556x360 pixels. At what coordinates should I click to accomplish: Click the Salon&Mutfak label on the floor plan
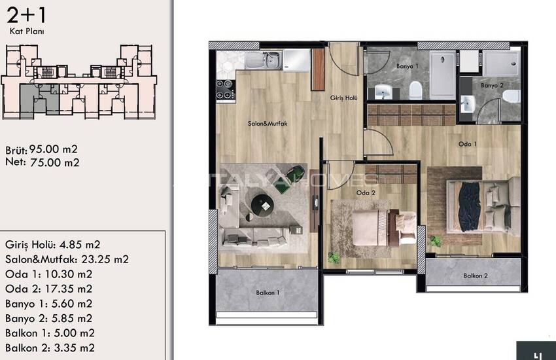pos(268,124)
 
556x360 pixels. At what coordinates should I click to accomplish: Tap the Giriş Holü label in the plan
pos(343,98)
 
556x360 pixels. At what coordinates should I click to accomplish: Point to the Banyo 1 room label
pos(408,66)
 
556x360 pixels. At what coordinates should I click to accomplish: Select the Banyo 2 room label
pos(492,85)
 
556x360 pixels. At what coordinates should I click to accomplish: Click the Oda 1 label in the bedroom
pos(467,144)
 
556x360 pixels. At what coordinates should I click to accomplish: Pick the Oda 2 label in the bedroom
pos(366,193)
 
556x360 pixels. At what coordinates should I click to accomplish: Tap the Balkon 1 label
pos(268,293)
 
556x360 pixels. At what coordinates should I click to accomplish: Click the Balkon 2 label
pos(476,276)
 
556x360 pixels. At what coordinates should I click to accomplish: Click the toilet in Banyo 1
pos(415,90)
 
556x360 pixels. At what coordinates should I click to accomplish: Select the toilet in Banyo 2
pos(512,96)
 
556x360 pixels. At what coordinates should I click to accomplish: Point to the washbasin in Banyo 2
pos(467,104)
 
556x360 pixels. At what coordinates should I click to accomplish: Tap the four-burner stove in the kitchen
pos(226,90)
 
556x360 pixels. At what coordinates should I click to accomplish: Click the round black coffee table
pos(263,205)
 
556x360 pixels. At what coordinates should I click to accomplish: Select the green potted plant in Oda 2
pos(334,257)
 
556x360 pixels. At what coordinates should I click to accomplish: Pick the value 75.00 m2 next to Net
pos(54,162)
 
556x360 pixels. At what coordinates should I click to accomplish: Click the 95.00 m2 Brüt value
pos(53,149)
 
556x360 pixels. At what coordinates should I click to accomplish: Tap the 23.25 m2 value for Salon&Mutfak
pos(105,259)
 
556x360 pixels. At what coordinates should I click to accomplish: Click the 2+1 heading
pos(27,15)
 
